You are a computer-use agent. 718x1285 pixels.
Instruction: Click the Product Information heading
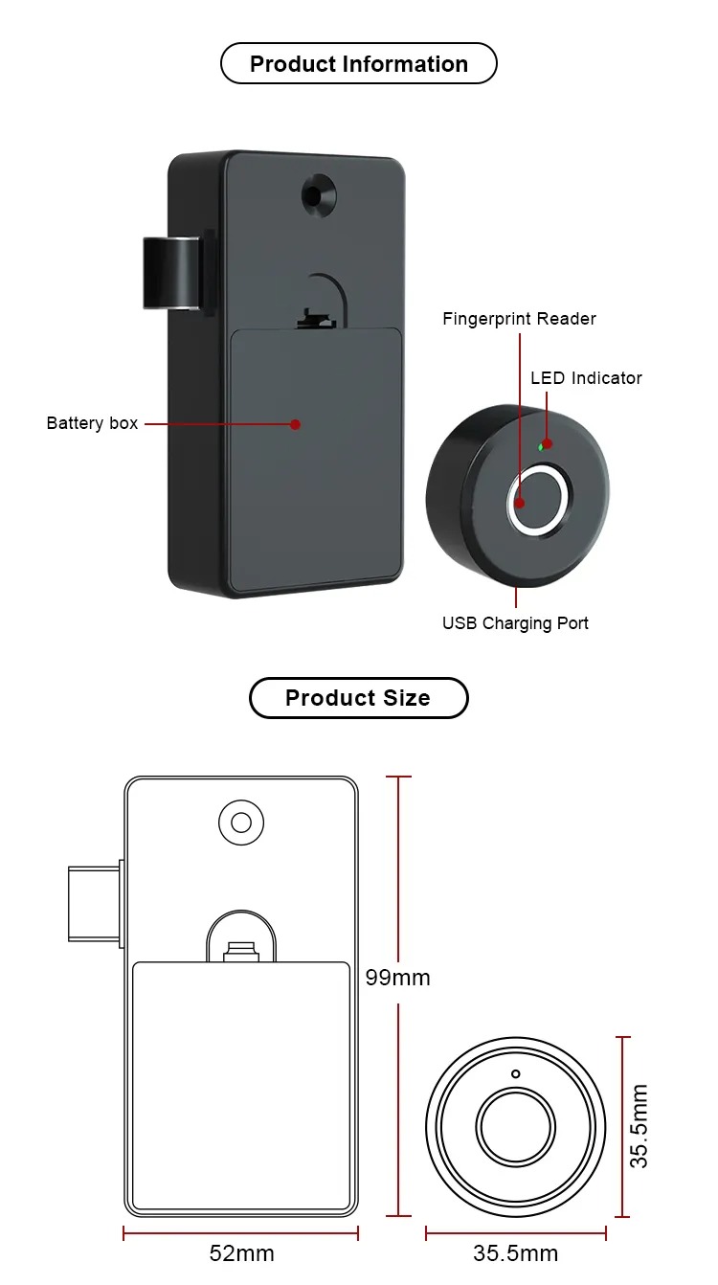(358, 64)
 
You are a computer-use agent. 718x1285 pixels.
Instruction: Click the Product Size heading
(358, 698)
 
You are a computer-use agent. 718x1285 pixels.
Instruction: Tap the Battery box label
(92, 423)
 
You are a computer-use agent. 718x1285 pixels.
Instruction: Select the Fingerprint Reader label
(519, 319)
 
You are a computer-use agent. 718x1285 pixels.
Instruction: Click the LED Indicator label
(586, 378)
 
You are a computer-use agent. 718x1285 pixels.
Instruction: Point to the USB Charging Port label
(515, 623)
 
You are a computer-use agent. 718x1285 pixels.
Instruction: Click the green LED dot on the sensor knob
(540, 446)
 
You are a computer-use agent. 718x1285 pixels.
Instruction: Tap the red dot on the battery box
(296, 424)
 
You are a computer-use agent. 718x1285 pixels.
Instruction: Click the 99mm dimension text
(397, 978)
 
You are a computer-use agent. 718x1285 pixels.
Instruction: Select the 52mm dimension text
(241, 1253)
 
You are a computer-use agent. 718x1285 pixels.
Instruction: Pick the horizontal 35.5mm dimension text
(515, 1253)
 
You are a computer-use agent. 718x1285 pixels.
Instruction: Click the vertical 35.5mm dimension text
(639, 1126)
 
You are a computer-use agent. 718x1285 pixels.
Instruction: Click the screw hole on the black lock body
(318, 195)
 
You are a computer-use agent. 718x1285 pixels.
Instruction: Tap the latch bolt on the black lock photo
(171, 274)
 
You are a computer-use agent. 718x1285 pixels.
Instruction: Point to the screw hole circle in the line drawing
(241, 823)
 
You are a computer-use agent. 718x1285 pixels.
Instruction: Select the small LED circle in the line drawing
(515, 1074)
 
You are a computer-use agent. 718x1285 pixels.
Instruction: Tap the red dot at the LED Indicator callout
(548, 443)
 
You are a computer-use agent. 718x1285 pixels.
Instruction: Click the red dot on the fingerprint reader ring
(520, 504)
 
